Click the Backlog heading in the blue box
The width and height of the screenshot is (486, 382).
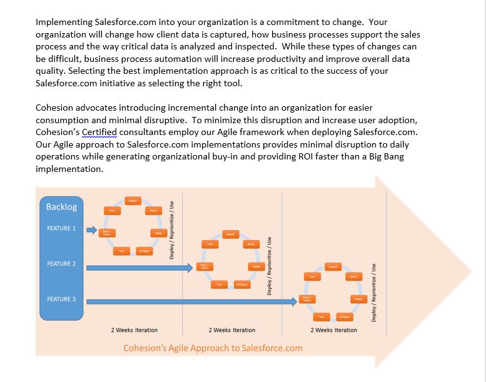62,207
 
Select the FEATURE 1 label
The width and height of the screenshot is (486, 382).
61,228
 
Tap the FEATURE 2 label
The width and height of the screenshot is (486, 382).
61,264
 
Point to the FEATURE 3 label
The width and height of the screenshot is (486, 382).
61,299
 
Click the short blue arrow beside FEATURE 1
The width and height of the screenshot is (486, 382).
91,230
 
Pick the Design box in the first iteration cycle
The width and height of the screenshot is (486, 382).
159,233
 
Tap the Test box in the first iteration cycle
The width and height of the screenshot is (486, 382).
121,251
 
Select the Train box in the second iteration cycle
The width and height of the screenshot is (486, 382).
210,244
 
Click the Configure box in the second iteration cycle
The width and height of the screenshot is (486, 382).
241,284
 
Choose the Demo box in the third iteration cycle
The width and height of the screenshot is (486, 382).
353,276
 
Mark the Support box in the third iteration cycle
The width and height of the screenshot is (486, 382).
333,266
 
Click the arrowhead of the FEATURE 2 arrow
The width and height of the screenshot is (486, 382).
189,268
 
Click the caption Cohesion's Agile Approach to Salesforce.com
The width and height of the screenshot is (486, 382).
213,348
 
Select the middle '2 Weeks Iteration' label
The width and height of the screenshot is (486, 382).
232,330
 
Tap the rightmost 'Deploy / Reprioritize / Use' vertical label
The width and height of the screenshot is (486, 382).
374,292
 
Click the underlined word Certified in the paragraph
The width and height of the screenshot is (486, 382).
99,132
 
